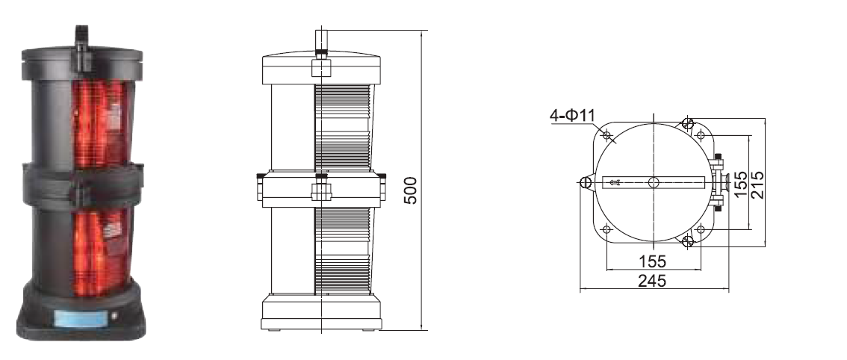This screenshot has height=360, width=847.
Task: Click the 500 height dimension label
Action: (x=411, y=190)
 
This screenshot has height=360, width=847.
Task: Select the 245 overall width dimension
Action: (x=652, y=281)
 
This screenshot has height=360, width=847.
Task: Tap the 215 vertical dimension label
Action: (x=758, y=185)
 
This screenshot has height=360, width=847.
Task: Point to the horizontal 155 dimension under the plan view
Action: (x=653, y=261)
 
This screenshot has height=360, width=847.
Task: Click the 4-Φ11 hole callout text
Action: (x=572, y=116)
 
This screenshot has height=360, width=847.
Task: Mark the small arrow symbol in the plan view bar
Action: (x=614, y=183)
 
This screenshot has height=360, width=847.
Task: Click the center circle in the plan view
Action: (x=654, y=182)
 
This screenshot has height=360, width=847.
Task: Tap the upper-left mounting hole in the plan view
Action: (x=606, y=135)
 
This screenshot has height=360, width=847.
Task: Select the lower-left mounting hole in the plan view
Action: (x=606, y=230)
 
